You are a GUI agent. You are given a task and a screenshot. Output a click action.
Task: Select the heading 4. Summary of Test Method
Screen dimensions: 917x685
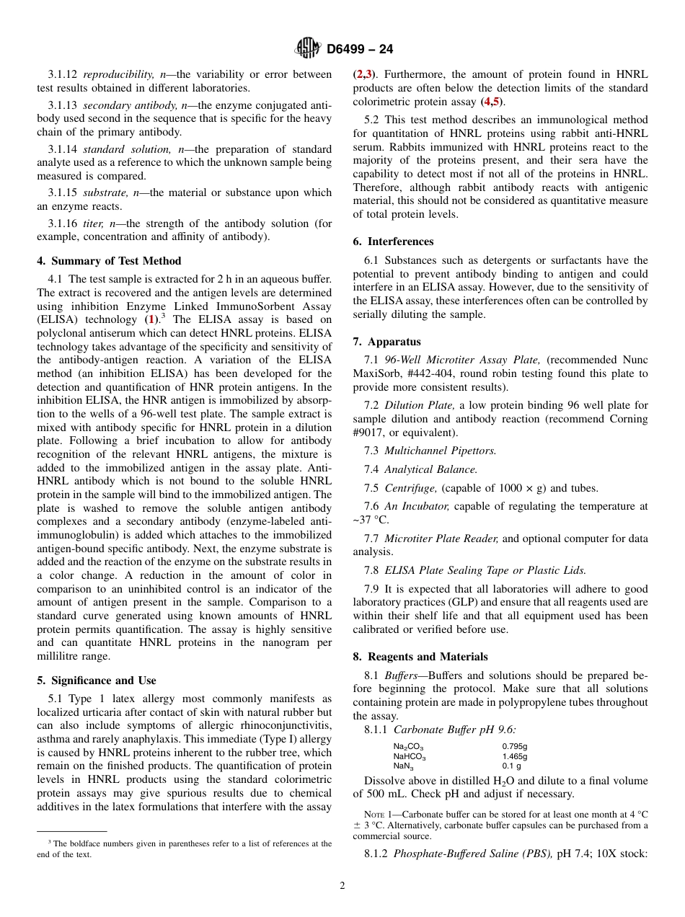click(x=109, y=261)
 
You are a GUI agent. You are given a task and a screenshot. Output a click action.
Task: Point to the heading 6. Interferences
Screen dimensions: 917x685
click(x=393, y=242)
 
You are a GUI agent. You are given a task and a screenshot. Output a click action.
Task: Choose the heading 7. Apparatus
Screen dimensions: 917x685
click(x=386, y=342)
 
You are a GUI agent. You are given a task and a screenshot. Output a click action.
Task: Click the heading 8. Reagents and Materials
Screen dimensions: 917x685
click(x=420, y=657)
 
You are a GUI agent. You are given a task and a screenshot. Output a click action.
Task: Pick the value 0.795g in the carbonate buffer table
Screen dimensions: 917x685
click(x=514, y=747)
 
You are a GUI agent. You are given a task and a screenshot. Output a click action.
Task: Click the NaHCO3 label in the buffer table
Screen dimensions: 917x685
click(x=409, y=756)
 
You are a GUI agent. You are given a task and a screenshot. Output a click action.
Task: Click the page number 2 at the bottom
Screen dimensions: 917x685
click(x=342, y=886)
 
